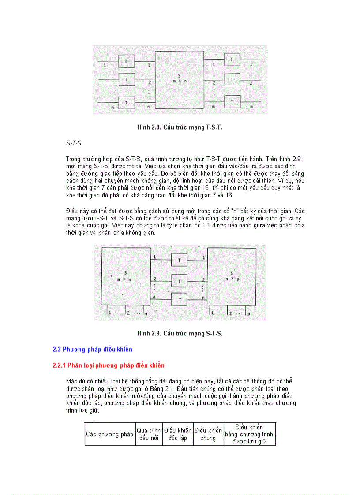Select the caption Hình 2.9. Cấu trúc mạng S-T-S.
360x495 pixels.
[x=180, y=333]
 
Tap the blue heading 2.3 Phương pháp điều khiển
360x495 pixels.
[x=92, y=350]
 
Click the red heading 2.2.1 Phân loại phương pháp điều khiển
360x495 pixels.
[x=108, y=365]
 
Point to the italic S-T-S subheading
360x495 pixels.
[x=74, y=143]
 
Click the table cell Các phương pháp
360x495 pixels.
[x=110, y=434]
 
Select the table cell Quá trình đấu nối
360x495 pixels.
[x=149, y=434]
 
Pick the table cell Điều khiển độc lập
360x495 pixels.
[x=177, y=434]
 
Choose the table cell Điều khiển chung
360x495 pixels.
[x=208, y=434]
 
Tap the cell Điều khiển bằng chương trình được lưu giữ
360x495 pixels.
[x=249, y=434]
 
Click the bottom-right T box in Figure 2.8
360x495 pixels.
[x=232, y=101]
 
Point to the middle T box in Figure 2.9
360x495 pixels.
[x=180, y=281]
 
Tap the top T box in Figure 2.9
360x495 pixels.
[x=180, y=260]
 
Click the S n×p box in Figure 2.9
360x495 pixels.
[x=232, y=276]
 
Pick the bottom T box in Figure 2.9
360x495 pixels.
[x=180, y=300]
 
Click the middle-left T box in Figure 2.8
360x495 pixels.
[x=126, y=79]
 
